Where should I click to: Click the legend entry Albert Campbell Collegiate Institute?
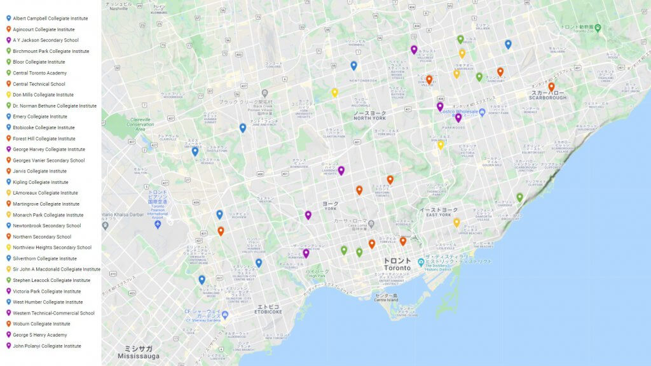tap(50, 18)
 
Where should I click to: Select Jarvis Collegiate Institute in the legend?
tap(39, 171)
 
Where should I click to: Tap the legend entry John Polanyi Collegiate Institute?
tap(46, 346)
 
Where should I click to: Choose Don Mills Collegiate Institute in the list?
tap(43, 95)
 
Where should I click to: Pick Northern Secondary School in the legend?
tap(43, 237)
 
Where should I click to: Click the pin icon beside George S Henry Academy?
tap(8, 335)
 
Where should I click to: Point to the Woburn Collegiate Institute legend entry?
tap(41, 324)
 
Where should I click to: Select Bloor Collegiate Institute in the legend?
tap(39, 62)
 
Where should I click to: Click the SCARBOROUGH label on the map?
tap(549, 97)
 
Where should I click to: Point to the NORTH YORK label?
tap(369, 118)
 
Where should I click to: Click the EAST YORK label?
tap(438, 215)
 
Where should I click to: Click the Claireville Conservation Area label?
tap(140, 125)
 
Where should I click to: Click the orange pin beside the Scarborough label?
tap(551, 87)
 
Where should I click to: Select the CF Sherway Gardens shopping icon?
tap(225, 314)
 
